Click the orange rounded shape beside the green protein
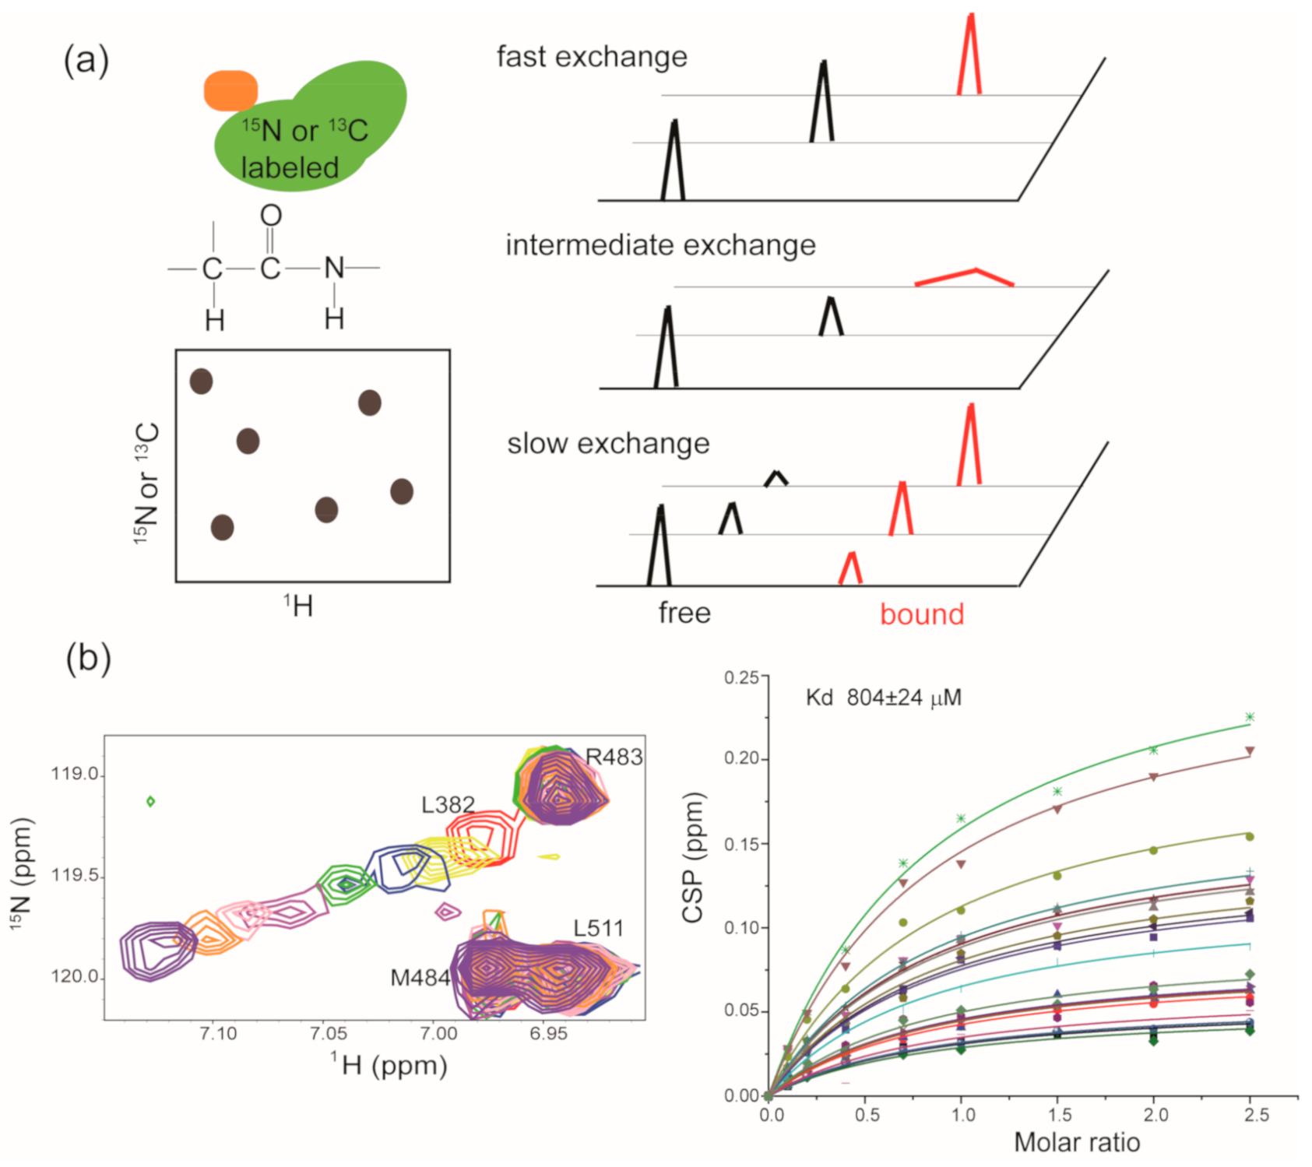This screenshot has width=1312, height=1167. (230, 90)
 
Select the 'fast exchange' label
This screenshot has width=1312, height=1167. (592, 57)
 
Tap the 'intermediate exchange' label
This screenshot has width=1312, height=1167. (660, 245)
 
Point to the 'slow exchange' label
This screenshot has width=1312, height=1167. (608, 444)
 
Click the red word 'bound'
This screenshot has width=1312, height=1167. (922, 614)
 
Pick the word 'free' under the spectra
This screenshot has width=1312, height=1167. (684, 613)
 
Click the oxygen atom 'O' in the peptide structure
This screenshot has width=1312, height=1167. (271, 216)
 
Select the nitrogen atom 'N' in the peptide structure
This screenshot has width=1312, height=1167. (334, 269)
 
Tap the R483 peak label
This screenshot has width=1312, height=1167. (614, 757)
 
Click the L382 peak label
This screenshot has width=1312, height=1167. (448, 805)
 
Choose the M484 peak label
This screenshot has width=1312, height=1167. (420, 978)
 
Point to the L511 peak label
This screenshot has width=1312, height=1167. (598, 928)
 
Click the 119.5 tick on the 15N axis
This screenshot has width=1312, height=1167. (75, 876)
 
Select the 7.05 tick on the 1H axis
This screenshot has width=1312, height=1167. (329, 1034)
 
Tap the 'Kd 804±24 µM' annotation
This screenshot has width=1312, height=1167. (883, 698)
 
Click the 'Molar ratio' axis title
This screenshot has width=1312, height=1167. (1077, 1142)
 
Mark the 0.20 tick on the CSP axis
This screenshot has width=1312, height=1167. (740, 759)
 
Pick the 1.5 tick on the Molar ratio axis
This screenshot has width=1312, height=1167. (1059, 1115)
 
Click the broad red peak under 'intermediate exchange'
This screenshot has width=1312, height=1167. (965, 276)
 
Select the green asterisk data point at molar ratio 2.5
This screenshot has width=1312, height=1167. (1250, 717)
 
